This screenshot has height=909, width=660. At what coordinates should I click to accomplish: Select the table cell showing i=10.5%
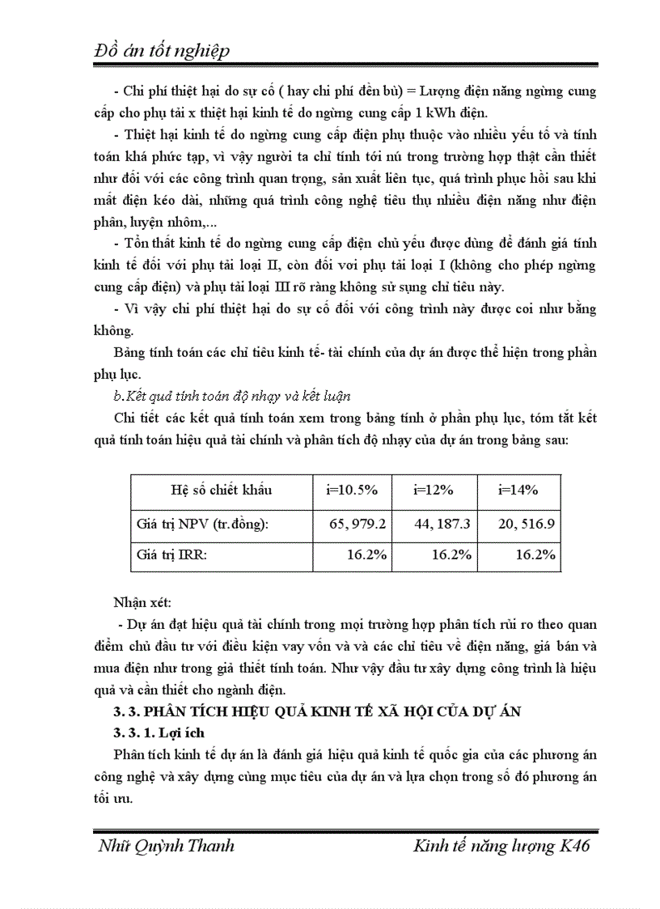[x=352, y=490]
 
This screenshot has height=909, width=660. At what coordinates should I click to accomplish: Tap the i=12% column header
[x=434, y=490]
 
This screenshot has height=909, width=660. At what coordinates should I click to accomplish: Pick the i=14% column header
[x=518, y=490]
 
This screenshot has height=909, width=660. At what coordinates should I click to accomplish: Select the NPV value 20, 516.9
[x=527, y=524]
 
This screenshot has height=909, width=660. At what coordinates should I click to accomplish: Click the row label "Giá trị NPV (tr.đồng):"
[x=203, y=524]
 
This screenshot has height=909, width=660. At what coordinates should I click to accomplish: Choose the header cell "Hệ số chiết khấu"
[x=221, y=490]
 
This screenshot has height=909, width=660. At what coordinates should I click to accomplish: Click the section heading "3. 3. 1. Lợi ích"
[x=159, y=733]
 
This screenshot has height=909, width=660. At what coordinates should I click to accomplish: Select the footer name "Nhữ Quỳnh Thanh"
[x=166, y=847]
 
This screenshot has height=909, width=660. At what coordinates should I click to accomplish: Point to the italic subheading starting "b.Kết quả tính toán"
[x=231, y=395]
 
